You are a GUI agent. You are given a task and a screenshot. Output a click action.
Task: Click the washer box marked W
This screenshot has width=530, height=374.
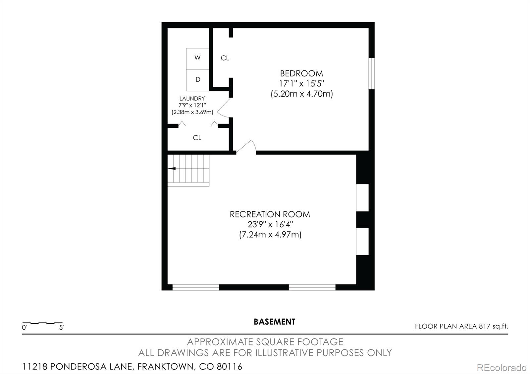click(197, 59)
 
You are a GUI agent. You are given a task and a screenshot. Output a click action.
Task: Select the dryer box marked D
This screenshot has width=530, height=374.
click(197, 80)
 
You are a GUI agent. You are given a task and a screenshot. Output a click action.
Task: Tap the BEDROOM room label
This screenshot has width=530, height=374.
click(301, 73)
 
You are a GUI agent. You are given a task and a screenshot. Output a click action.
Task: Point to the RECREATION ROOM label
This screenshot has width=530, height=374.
click(270, 214)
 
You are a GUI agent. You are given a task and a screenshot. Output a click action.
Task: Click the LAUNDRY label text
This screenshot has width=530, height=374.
click(192, 99)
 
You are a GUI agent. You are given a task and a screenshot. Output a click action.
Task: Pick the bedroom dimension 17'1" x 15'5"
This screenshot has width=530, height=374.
click(301, 84)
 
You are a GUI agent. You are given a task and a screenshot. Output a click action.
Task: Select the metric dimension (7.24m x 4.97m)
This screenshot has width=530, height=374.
click(270, 235)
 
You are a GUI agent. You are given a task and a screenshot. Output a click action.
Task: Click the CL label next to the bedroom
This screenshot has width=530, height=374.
click(225, 58)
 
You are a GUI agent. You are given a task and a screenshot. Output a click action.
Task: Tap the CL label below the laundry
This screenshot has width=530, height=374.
click(197, 138)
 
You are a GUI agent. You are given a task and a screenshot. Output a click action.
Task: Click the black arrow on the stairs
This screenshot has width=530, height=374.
click(172, 168)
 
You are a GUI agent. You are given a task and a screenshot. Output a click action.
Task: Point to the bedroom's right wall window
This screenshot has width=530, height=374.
click(372, 73)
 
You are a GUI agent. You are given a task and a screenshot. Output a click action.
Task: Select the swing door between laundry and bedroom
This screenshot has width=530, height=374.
click(223, 108)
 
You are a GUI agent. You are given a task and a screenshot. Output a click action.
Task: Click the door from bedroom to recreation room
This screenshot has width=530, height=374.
click(246, 147)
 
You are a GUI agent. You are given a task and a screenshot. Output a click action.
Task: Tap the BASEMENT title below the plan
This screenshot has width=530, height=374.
click(275, 322)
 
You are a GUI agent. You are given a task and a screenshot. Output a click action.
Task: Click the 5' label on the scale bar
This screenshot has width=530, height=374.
click(61, 328)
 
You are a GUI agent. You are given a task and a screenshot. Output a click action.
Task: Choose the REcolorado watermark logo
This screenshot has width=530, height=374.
click(502, 368)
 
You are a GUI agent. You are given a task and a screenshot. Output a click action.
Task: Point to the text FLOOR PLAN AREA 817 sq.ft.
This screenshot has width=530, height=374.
click(462, 326)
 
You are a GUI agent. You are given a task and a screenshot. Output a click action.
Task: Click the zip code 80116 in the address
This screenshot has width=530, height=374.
click(230, 367)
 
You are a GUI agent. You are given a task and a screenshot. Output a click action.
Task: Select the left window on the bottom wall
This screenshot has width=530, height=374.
click(196, 287)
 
